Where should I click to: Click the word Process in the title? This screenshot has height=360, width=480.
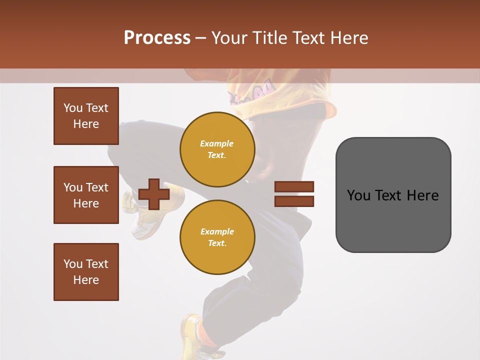[x=157, y=38]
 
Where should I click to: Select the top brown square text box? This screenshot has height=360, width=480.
[x=86, y=116]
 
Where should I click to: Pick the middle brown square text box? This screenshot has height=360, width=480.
[x=86, y=195]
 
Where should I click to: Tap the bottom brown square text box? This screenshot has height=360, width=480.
[x=86, y=272]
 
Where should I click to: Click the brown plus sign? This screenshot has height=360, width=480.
[x=154, y=194]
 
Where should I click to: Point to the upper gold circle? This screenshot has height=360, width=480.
[x=217, y=149]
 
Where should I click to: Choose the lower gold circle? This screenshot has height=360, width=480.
[x=217, y=237]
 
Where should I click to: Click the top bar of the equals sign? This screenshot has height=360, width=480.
[x=294, y=186]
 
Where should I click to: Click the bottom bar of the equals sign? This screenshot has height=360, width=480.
[x=294, y=201]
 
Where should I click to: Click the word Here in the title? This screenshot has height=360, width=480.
[x=349, y=38]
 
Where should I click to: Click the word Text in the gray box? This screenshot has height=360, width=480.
[x=388, y=195]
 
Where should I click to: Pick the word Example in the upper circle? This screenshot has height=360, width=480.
[x=217, y=143]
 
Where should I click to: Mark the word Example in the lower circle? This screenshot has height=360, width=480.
[x=217, y=231]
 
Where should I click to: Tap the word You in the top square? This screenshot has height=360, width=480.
[x=72, y=108]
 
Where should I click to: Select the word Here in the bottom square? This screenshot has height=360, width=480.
[x=86, y=280]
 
